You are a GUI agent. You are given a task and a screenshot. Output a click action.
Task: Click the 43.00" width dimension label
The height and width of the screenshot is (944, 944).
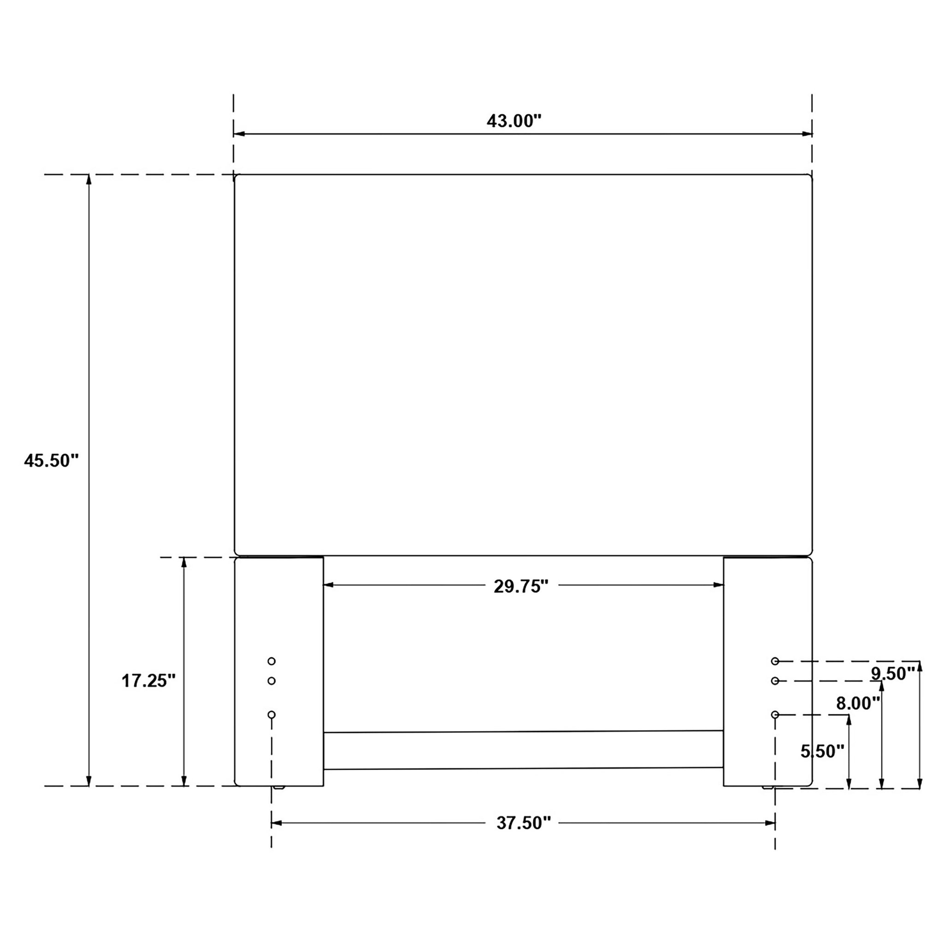click(514, 121)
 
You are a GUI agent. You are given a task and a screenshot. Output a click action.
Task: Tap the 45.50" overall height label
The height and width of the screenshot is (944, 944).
click(51, 460)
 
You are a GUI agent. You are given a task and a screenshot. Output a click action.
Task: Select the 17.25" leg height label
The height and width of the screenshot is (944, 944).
click(148, 681)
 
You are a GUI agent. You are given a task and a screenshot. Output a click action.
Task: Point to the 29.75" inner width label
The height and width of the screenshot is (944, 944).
click(521, 586)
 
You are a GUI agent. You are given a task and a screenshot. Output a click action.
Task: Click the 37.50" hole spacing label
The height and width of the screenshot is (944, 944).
click(523, 823)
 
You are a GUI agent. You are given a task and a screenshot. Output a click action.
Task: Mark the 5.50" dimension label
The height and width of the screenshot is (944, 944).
click(822, 751)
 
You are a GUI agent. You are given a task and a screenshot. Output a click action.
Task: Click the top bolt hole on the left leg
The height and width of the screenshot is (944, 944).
click(271, 661)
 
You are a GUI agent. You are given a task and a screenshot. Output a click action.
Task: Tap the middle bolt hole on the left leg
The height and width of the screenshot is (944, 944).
click(271, 681)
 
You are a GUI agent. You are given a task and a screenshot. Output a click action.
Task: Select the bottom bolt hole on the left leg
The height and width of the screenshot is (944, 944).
click(271, 714)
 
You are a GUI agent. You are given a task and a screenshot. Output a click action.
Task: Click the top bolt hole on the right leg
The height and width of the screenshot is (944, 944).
click(775, 661)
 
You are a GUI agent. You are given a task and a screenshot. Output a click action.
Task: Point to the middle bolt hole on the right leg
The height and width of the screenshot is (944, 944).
click(775, 681)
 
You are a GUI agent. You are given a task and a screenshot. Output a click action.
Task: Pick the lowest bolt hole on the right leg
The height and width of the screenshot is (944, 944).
click(775, 714)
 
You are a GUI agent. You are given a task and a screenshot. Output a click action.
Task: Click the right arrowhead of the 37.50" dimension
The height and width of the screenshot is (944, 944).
click(770, 823)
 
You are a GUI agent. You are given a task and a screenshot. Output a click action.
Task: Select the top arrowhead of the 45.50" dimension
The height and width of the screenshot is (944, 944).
click(88, 179)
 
